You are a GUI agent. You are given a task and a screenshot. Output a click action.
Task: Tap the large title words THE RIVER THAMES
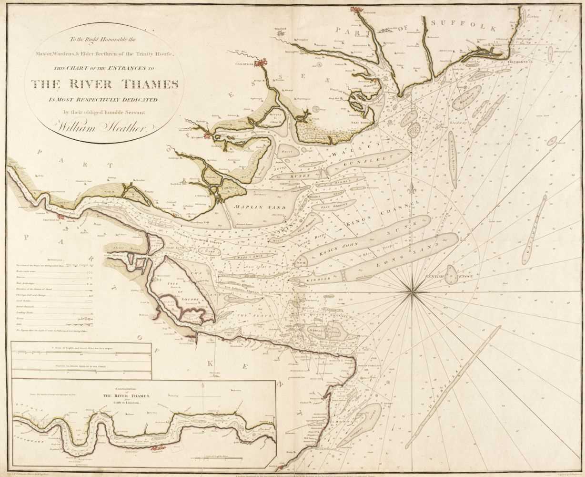(x=105, y=84)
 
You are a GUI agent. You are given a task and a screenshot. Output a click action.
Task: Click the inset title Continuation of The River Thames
(x=144, y=398)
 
